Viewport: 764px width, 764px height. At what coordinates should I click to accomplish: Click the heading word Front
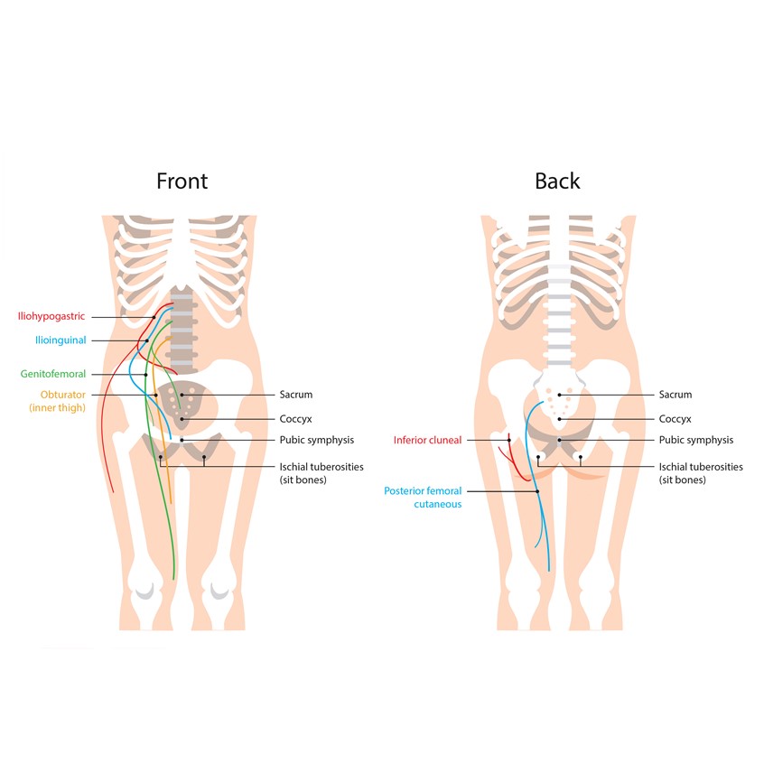[182, 182]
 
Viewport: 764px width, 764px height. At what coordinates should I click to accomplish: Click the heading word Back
[557, 182]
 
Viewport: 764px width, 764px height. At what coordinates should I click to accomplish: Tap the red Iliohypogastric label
[51, 316]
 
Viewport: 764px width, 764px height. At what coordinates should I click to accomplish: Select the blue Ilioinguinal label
[61, 340]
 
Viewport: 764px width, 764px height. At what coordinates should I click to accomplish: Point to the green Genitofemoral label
[53, 374]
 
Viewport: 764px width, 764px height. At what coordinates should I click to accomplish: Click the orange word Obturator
[63, 395]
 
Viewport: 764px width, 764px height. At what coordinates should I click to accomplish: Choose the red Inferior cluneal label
[427, 440]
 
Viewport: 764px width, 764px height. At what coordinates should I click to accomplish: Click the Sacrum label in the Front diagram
[296, 395]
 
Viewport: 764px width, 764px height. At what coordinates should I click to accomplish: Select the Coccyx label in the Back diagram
[675, 419]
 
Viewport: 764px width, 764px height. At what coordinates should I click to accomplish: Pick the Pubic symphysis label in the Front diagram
[317, 440]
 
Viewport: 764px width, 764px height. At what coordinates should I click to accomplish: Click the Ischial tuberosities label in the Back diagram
[701, 467]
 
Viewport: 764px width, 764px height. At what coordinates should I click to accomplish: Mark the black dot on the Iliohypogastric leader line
[154, 317]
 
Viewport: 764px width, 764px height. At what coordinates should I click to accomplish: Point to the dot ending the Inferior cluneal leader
[509, 440]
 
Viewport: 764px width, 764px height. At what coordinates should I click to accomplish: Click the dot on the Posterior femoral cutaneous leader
[538, 491]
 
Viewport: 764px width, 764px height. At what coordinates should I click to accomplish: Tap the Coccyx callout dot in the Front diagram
[182, 419]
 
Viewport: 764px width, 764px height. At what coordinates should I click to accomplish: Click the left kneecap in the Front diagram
[145, 591]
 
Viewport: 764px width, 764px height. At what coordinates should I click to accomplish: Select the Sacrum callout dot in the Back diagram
[559, 395]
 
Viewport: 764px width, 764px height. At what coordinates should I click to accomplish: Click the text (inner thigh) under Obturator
[58, 408]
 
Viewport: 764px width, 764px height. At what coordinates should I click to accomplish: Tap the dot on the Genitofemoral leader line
[145, 375]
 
